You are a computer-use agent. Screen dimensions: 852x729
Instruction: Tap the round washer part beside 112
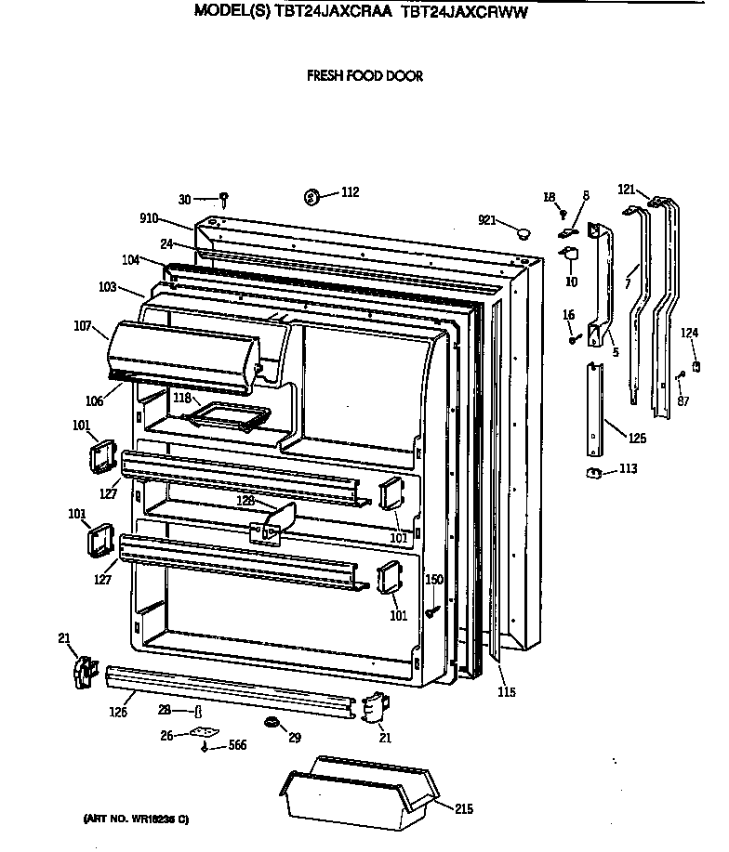tap(312, 197)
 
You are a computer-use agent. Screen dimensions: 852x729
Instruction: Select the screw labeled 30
tap(224, 198)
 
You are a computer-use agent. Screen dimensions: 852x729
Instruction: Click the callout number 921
tap(488, 219)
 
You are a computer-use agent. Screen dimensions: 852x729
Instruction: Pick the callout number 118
tap(181, 399)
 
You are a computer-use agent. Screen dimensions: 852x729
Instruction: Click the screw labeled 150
tap(433, 612)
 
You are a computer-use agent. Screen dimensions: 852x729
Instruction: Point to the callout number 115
tap(506, 692)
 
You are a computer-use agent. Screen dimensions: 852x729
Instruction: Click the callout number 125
tap(636, 437)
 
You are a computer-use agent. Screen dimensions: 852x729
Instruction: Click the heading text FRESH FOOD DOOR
tap(364, 76)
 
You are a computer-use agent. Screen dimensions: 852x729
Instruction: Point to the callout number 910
tap(148, 220)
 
